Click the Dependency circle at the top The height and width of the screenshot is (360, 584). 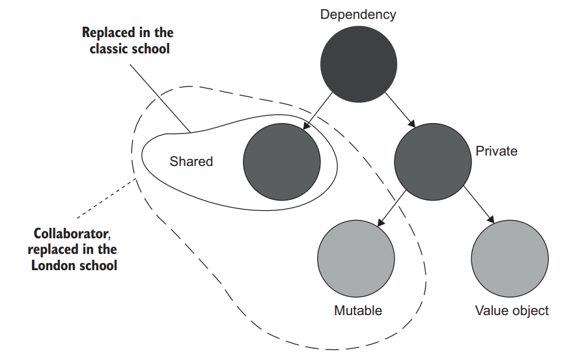point(358,64)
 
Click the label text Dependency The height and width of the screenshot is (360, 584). point(357,14)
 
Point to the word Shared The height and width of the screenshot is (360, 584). point(191,161)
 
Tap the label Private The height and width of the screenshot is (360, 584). point(496,151)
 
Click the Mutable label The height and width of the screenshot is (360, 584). point(357,311)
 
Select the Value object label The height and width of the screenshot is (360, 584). point(512,311)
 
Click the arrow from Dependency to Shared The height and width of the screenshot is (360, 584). point(318,111)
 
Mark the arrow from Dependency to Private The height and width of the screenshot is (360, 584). point(398,111)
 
